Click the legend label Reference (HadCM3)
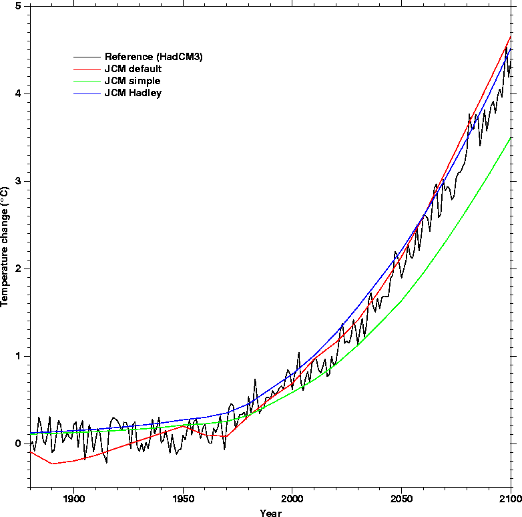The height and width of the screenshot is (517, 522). [x=154, y=57]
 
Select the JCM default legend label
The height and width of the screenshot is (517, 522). [x=133, y=69]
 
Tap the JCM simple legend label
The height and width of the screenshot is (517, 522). [x=132, y=81]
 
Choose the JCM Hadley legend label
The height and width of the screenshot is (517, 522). [x=133, y=93]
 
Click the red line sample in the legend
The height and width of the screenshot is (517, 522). [x=87, y=69]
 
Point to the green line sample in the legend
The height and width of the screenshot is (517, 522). [x=87, y=81]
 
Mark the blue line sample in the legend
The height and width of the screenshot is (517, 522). [x=87, y=94]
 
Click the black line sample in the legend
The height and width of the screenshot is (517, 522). [x=87, y=57]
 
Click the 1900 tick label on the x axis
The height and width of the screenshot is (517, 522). [x=73, y=499]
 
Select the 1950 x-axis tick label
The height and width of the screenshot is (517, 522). [x=183, y=499]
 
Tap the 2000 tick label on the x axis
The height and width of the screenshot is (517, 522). [x=292, y=499]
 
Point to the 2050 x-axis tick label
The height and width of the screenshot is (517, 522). [x=401, y=499]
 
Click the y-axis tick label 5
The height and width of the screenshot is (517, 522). [x=18, y=6]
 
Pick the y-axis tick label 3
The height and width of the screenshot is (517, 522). [x=18, y=181]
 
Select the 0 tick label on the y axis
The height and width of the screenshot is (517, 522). [x=18, y=444]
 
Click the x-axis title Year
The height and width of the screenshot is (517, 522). [x=270, y=513]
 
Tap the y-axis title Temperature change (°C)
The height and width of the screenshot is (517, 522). [x=4, y=246]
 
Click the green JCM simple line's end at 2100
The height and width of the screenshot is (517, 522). [x=511, y=138]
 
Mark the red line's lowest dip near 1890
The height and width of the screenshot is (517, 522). [x=52, y=464]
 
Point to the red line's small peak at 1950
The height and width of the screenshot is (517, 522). [x=183, y=426]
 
